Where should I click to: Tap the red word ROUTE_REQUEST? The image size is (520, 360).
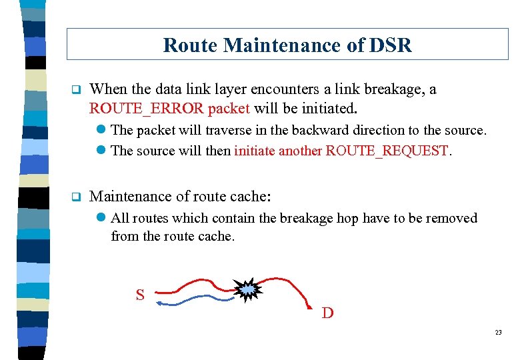387,151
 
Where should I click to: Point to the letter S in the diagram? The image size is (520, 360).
140,294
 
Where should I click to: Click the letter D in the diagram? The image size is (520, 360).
327,312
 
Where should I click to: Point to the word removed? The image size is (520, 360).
454,218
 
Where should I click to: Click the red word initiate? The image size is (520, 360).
254,151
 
